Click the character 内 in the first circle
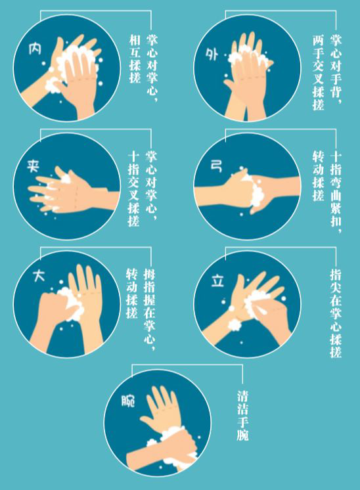click(35, 49)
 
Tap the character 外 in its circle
click(212, 54)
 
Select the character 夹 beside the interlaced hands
click(33, 166)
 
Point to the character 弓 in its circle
click(216, 166)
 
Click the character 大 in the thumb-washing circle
click(39, 276)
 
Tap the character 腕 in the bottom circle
click(128, 400)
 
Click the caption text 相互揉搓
click(135, 58)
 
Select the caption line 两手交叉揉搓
click(318, 72)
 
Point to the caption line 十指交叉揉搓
click(133, 189)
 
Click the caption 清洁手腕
click(242, 416)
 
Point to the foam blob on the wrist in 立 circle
click(235, 325)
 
